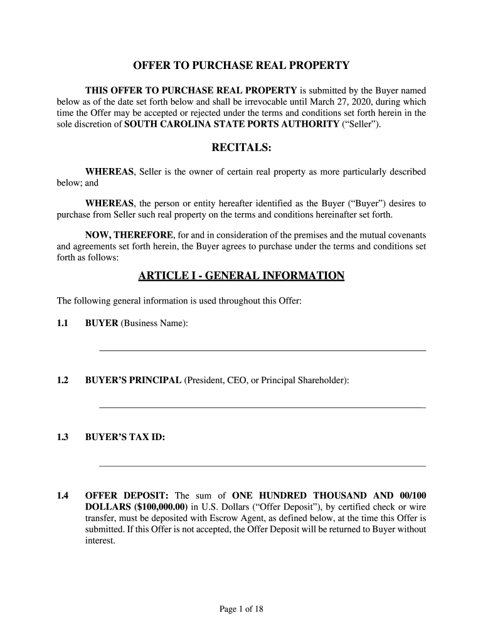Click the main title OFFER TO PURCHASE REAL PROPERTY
[x=242, y=66]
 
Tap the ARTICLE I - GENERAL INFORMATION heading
[x=242, y=276]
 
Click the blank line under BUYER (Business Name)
[x=262, y=350]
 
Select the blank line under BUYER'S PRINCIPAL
[x=262, y=408]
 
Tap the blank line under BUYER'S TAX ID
[x=262, y=466]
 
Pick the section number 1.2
[x=63, y=381]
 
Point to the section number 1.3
[x=63, y=438]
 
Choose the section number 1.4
[x=63, y=495]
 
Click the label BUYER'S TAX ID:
[x=125, y=438]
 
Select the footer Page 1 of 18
[x=242, y=609]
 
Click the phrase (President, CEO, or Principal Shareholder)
[x=267, y=381]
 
